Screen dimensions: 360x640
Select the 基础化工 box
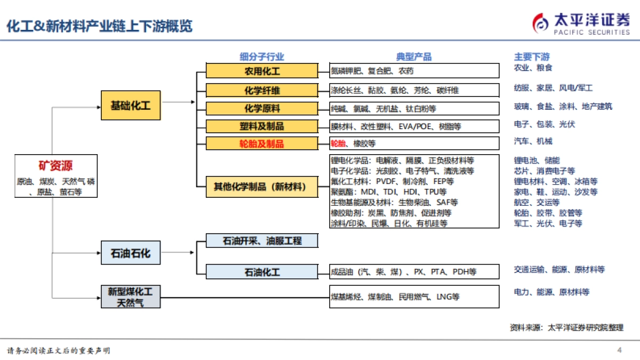click(130, 106)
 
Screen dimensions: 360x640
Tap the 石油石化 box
click(130, 253)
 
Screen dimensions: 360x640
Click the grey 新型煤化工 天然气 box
click(130, 297)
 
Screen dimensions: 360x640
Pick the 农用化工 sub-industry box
click(262, 71)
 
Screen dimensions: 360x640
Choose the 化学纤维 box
click(262, 90)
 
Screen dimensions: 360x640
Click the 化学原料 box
click(262, 108)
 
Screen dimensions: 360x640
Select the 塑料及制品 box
click(262, 126)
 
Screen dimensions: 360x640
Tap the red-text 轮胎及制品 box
click(262, 143)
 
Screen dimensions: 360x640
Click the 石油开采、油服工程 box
click(262, 241)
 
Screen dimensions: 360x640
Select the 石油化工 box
click(262, 272)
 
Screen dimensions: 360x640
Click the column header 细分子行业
click(262, 57)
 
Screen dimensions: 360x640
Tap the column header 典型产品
click(414, 57)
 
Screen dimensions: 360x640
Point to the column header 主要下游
click(532, 57)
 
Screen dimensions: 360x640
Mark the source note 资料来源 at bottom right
click(566, 327)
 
